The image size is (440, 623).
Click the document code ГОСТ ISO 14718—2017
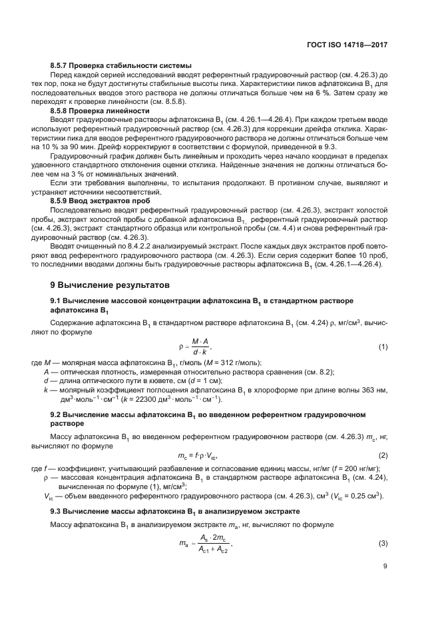[x=352, y=45]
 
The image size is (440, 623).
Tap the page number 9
[x=385, y=568]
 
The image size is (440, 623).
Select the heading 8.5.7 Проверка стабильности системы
[x=121, y=65]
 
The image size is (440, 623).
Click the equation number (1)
[x=383, y=347]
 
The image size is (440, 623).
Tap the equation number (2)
[x=383, y=456]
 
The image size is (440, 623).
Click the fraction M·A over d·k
[x=200, y=347]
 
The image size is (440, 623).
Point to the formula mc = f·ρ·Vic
[x=199, y=456]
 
